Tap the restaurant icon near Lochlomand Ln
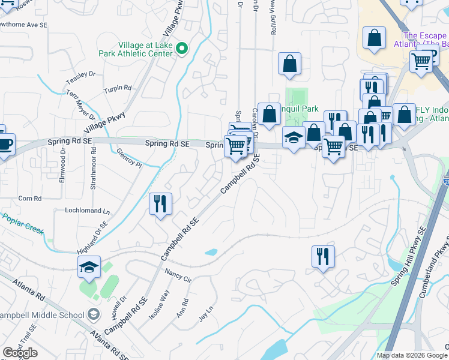[160, 204]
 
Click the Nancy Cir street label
[178, 275]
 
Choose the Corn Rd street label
[29, 198]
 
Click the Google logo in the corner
[20, 353]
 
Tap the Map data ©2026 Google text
[411, 355]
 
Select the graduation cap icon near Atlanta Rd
[89, 268]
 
